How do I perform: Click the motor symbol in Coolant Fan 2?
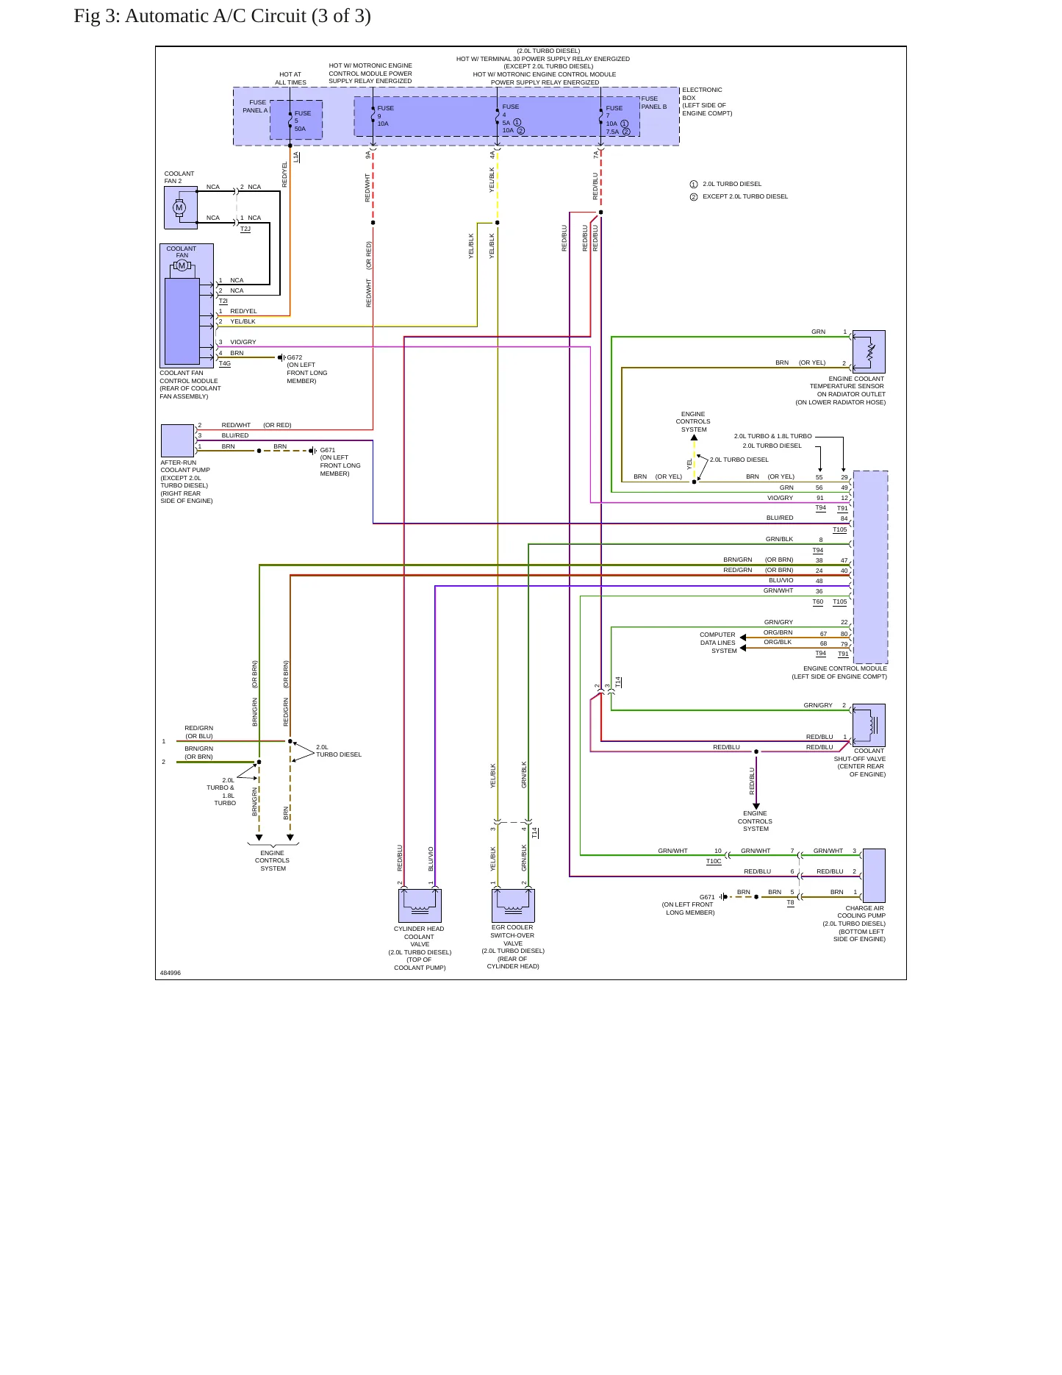(x=179, y=207)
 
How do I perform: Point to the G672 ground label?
(x=294, y=357)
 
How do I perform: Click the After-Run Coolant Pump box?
(x=177, y=440)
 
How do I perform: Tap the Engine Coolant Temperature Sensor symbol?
(x=869, y=351)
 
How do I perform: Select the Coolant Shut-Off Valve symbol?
(x=869, y=725)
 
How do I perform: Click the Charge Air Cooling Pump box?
(x=874, y=876)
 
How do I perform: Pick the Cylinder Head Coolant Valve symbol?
(x=420, y=906)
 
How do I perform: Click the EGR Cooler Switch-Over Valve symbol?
(x=513, y=906)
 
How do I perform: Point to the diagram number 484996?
(x=171, y=973)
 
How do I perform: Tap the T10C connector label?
(x=714, y=861)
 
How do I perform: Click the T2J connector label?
(x=245, y=229)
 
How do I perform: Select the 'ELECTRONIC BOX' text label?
(x=702, y=94)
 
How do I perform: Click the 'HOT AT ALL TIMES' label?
(x=290, y=79)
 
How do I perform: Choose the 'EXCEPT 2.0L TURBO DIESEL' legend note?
(x=745, y=196)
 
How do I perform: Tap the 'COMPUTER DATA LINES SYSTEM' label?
(x=718, y=643)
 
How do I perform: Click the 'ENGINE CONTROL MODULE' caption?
(x=845, y=668)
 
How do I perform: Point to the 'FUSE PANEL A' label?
(x=256, y=107)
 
